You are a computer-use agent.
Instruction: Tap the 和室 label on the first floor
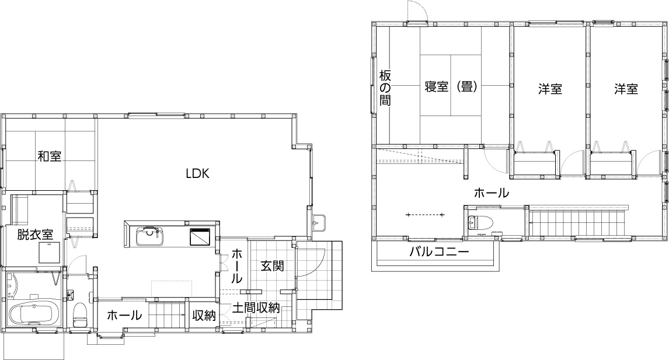pos(50,156)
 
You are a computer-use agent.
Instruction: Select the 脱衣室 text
pos(35,235)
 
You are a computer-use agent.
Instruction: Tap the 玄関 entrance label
pos(272,266)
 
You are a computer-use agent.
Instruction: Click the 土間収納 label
pos(256,308)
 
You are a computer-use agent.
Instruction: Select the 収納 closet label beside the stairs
pos(204,316)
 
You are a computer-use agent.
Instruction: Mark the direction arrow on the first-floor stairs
pos(169,315)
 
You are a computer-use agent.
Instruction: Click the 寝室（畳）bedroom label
pos(451,87)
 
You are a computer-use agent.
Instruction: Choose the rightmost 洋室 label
pos(626,89)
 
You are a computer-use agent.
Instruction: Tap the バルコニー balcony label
pos(438,253)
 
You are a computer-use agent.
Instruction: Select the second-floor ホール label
pos(491,193)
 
